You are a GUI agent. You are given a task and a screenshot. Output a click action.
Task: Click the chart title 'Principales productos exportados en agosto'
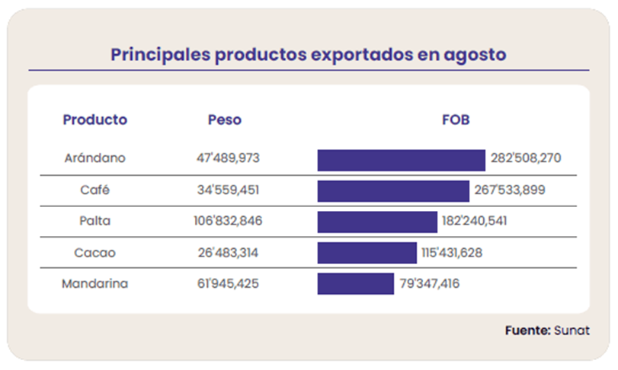tap(309, 56)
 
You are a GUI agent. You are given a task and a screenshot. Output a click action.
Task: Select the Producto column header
tap(94, 120)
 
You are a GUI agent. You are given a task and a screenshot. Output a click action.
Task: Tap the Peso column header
tap(224, 120)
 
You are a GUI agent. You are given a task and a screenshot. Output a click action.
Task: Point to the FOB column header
tap(456, 120)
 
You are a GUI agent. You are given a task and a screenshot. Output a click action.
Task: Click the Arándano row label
tap(94, 159)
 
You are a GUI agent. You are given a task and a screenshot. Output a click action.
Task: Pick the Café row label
tap(94, 190)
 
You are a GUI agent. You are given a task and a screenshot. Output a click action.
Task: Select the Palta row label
tap(94, 222)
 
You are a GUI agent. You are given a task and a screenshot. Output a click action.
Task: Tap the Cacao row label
tap(94, 253)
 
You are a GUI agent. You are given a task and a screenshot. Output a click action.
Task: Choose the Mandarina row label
tap(94, 284)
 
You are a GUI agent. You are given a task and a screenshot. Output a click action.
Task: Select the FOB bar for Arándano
tap(401, 160)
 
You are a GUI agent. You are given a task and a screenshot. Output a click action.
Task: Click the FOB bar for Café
tap(393, 191)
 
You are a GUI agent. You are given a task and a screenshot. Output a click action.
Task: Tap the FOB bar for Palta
tap(377, 222)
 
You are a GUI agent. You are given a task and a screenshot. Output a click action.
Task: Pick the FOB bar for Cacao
tap(367, 253)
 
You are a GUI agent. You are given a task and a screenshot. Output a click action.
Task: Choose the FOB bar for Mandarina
tap(355, 284)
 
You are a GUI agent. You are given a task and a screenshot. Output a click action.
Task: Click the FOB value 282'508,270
tap(526, 159)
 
